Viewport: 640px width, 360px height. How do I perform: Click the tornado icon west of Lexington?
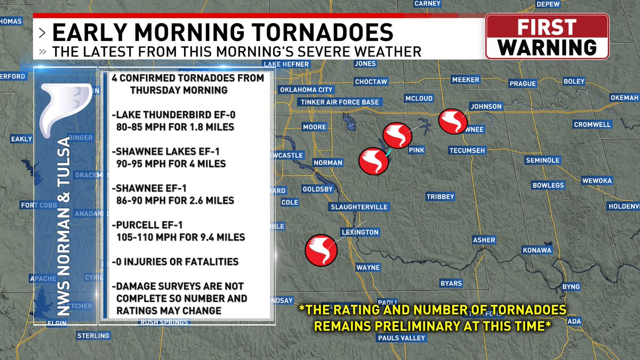(x=321, y=250)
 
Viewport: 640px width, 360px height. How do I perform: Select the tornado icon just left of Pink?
(x=398, y=135)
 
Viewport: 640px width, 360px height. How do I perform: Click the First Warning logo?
(x=547, y=36)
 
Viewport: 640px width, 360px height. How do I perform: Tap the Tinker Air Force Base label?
(x=340, y=102)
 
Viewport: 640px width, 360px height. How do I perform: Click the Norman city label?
(x=327, y=163)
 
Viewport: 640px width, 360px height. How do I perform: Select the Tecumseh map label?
(x=467, y=150)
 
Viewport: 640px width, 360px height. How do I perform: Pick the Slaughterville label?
(x=359, y=207)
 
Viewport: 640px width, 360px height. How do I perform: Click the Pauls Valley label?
(x=402, y=338)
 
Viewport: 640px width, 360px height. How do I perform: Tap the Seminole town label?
(x=542, y=160)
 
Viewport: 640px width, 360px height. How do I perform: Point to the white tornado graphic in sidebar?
(x=65, y=109)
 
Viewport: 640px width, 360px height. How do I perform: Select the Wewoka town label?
(x=597, y=181)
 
